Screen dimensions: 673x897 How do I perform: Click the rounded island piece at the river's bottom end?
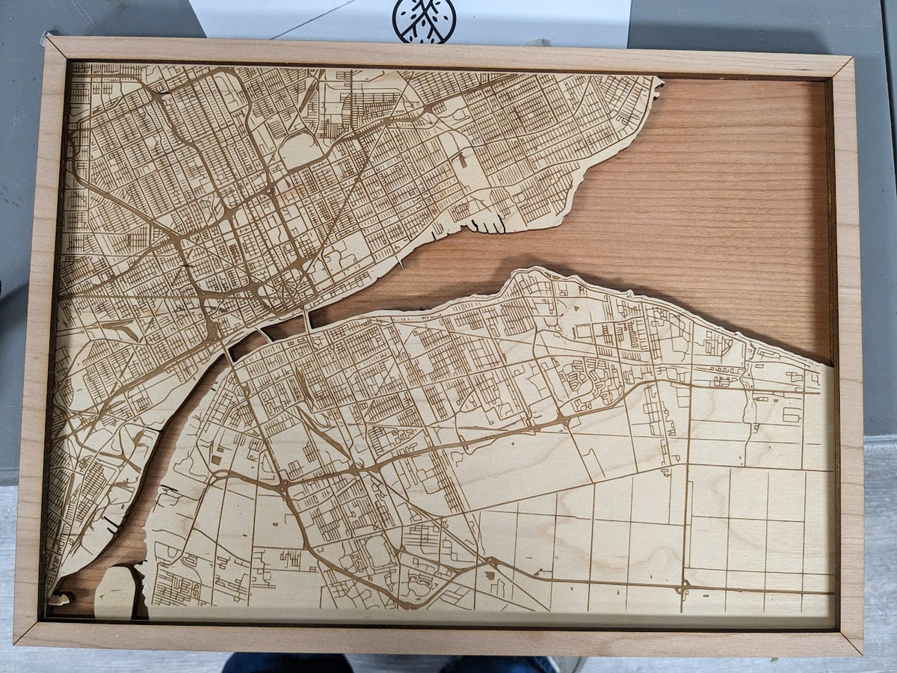(114, 591)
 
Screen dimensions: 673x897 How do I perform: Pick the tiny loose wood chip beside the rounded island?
(60, 598)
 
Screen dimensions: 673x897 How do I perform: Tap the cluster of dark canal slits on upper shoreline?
(490, 223)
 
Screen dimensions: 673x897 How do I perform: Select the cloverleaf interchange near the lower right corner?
(682, 589)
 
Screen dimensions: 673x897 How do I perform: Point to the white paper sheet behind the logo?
(523, 19)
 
